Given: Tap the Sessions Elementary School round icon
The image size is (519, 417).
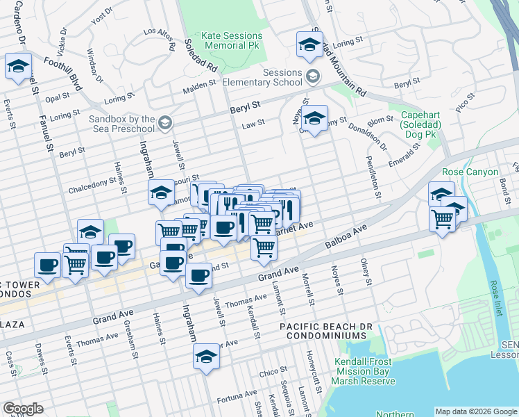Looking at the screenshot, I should pos(313,75).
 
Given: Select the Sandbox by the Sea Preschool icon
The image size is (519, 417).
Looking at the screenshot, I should pos(164,123).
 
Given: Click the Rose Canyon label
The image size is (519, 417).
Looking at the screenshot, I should pos(470,172).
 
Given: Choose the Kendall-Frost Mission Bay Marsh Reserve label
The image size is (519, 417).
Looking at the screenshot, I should pos(363,371).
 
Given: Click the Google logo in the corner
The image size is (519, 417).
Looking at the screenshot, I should pos(23,409).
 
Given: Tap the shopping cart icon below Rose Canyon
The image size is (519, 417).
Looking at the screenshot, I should pos(442,219).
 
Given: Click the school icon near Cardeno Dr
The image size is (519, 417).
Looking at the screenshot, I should pos(17,67).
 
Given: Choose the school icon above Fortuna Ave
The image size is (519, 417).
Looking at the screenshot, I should pos(206,357).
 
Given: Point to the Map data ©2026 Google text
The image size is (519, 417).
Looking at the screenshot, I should pos(475,411).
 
